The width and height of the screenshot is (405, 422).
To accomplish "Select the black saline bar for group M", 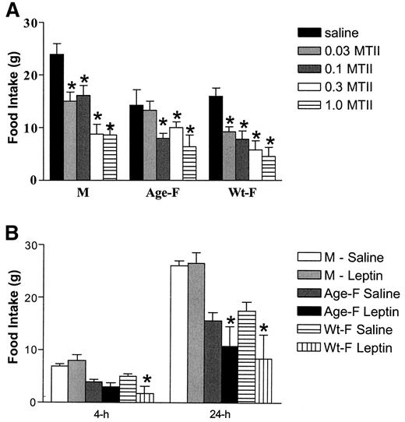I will point(57,117).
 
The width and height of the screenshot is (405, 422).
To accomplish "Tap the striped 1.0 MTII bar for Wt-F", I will point(269,168).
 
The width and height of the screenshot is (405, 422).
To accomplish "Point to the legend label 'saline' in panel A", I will point(347,33).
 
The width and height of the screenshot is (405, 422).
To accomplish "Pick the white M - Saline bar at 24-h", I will point(178,334).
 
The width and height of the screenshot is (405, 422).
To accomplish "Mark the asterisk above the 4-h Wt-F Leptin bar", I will point(146,381).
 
